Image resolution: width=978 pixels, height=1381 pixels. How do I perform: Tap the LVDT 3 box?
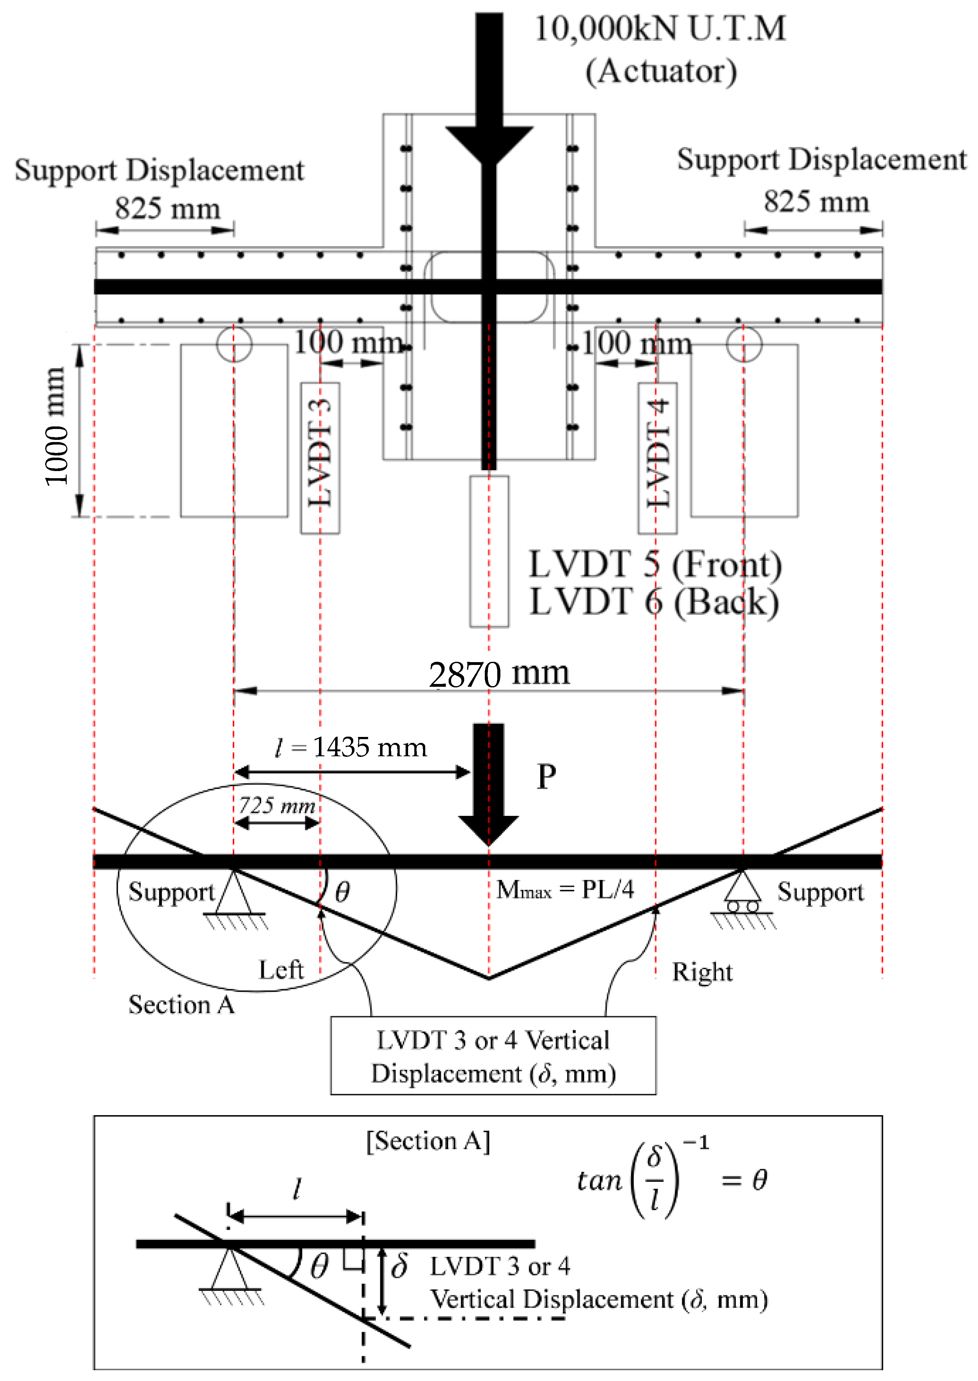click(320, 458)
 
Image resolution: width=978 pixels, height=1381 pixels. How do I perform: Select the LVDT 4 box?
click(658, 458)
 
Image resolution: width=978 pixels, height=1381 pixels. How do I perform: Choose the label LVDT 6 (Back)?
click(653, 602)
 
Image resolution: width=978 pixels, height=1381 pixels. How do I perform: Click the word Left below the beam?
click(281, 970)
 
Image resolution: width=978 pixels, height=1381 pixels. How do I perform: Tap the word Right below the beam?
click(702, 972)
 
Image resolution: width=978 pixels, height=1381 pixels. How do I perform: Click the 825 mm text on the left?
click(167, 208)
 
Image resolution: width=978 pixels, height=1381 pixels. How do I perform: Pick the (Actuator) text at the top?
click(661, 71)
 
